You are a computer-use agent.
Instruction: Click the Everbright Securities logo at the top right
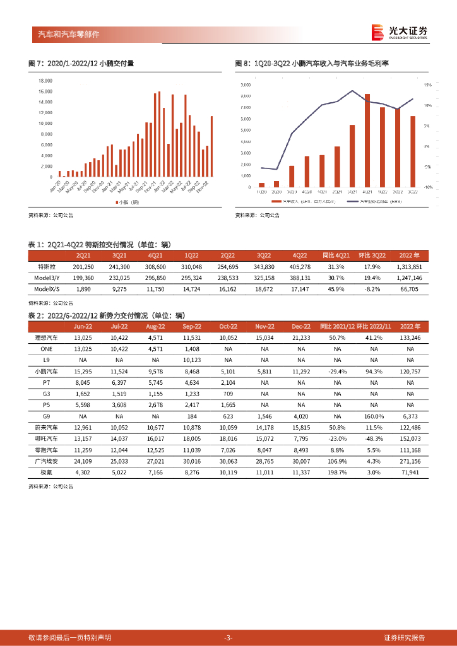point(399,32)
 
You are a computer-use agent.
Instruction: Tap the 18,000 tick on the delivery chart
point(45,81)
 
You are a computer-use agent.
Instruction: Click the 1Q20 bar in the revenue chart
point(261,185)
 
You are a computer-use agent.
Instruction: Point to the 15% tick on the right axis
point(427,85)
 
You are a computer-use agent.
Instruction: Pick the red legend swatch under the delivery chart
point(117,202)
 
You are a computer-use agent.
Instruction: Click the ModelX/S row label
point(47,289)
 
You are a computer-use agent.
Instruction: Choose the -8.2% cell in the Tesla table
point(377,289)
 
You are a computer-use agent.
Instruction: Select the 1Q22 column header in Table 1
point(191,255)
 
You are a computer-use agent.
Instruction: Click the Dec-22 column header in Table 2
point(299,327)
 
